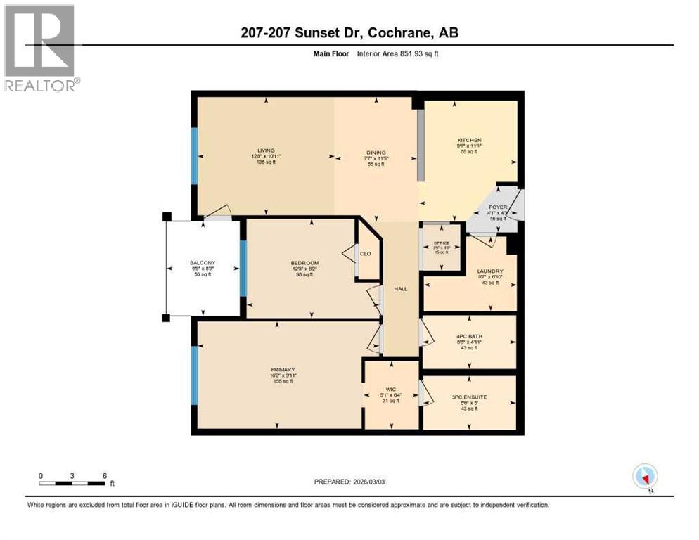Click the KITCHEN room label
469,141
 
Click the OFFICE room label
441,243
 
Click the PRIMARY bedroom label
283,370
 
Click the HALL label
401,288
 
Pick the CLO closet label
365,254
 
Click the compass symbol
645,477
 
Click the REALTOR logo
41,49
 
